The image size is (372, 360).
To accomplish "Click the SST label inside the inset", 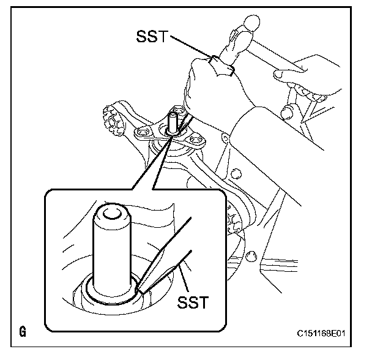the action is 193,302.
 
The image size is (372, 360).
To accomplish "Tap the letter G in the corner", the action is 23,333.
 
